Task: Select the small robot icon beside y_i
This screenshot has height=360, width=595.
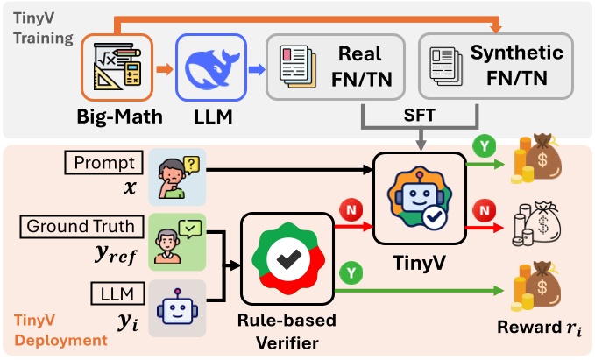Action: (176, 307)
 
